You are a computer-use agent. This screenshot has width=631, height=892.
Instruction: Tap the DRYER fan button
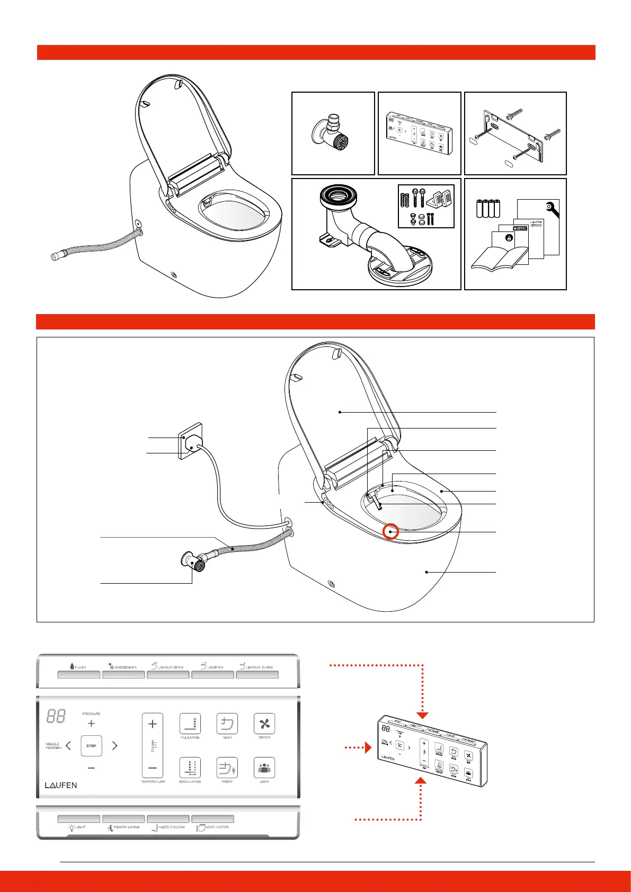(264, 724)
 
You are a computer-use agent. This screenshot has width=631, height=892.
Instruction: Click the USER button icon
(264, 768)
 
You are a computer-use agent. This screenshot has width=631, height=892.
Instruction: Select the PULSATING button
(190, 724)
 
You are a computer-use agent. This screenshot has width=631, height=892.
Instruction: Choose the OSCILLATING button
(190, 768)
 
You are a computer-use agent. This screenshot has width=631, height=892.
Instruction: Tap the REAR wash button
(227, 724)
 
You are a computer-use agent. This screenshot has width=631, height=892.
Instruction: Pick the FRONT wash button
(227, 768)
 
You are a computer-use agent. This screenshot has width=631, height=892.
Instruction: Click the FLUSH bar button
(79, 675)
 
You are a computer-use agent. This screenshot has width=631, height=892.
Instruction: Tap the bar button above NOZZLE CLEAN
(168, 819)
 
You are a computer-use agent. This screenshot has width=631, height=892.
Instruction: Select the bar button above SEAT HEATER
(212, 819)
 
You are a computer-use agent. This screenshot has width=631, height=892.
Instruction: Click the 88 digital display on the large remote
(56, 717)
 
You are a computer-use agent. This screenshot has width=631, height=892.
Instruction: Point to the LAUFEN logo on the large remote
(61, 786)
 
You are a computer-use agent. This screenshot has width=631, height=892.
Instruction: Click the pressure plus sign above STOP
(91, 724)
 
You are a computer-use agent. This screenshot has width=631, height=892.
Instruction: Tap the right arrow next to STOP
(115, 746)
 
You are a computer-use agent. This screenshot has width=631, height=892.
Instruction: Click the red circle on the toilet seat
(390, 531)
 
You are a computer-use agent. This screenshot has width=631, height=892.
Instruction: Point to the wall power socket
(191, 441)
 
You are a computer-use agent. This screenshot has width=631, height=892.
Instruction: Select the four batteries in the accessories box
(488, 209)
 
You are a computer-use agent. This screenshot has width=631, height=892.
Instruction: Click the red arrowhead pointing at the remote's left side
(368, 748)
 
